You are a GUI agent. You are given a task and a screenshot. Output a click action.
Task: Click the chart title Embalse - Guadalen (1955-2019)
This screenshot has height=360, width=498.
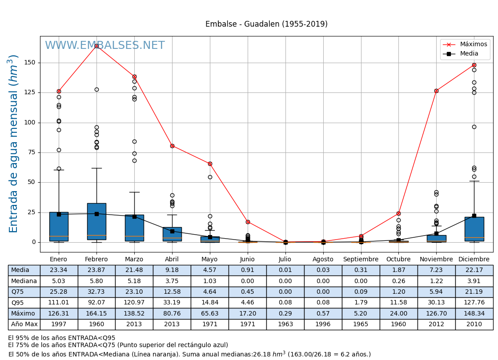point(266,24)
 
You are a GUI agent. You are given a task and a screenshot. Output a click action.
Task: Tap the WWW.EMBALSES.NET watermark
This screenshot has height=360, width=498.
point(104,46)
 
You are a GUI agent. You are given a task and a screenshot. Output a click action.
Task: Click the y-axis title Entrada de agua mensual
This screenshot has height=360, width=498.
point(14,144)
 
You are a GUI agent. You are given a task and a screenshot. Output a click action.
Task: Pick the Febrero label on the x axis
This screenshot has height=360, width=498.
point(96,260)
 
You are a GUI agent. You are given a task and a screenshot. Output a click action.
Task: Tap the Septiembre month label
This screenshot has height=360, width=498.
point(361,260)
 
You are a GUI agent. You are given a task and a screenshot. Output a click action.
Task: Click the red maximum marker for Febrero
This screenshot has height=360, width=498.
point(96,46)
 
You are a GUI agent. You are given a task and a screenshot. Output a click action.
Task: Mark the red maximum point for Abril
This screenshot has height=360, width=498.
point(172,146)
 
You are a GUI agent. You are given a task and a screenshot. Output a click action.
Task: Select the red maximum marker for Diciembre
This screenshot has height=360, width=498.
point(474,65)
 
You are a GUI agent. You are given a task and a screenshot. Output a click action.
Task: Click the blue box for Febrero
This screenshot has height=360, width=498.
point(96,221)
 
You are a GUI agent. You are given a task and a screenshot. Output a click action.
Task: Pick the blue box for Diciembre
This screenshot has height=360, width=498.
point(474,229)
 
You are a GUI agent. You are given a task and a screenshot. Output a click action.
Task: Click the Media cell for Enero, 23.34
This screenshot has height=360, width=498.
point(59,270)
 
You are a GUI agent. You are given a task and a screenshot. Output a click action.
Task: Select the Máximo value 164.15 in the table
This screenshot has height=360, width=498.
point(96,314)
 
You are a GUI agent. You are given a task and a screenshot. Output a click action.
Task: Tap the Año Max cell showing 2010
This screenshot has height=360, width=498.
point(474,324)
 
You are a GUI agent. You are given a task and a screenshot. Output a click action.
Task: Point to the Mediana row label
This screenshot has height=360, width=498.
point(24,281)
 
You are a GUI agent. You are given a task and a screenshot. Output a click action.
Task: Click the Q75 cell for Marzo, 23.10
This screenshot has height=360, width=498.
point(134,292)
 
